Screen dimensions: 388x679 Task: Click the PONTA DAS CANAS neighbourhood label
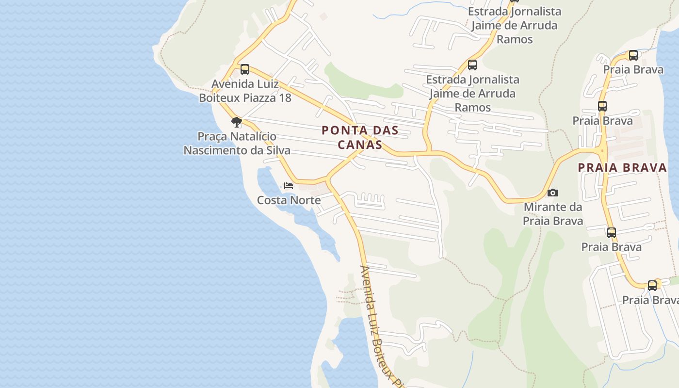[x=359, y=137]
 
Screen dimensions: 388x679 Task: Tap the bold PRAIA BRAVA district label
[x=622, y=168]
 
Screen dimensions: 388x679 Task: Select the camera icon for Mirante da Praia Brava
[x=552, y=193]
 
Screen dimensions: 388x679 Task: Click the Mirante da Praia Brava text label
[x=552, y=214]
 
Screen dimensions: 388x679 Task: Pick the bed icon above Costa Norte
[x=289, y=186]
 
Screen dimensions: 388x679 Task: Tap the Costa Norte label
[x=289, y=200]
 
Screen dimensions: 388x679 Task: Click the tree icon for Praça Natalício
[x=236, y=122]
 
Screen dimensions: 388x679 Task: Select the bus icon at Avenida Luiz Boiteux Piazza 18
[x=245, y=69]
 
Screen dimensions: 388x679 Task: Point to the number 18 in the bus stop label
[x=285, y=97]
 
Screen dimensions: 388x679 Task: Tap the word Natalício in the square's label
[x=253, y=137]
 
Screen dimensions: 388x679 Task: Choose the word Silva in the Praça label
[x=278, y=150]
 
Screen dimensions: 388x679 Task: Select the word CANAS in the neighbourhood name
[x=359, y=145]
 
